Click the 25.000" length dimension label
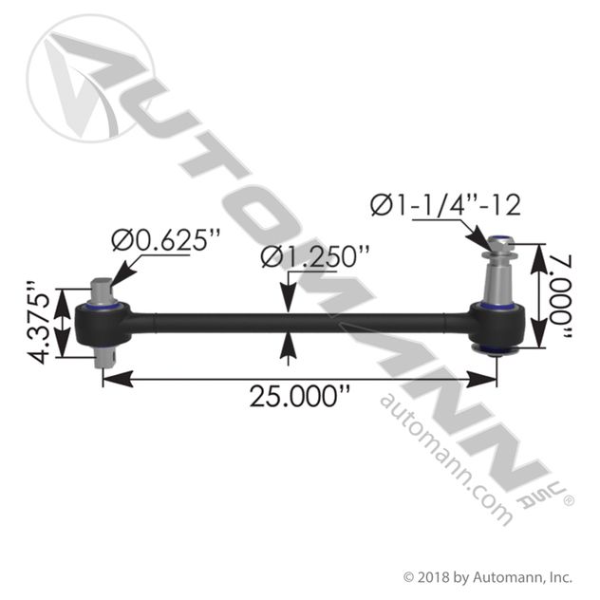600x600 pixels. pyautogui.click(x=300, y=396)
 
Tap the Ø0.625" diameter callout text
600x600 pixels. pyautogui.click(x=166, y=240)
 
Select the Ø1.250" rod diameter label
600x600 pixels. pyautogui.click(x=315, y=256)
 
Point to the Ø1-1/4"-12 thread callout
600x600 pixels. pyautogui.click(x=445, y=205)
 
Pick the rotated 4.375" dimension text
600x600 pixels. pyautogui.click(x=39, y=324)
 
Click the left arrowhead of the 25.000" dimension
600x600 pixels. pyautogui.click(x=118, y=379)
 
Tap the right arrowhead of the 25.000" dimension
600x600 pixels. pyautogui.click(x=481, y=379)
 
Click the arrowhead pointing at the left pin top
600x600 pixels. pyautogui.click(x=122, y=273)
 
